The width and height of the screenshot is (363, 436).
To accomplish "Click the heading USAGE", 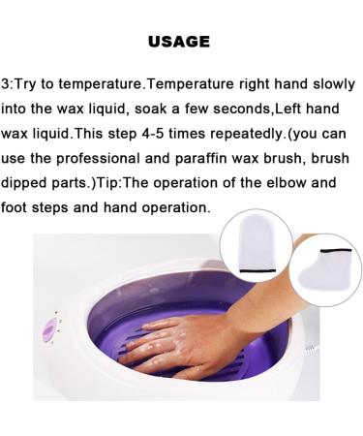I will click(180, 43).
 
